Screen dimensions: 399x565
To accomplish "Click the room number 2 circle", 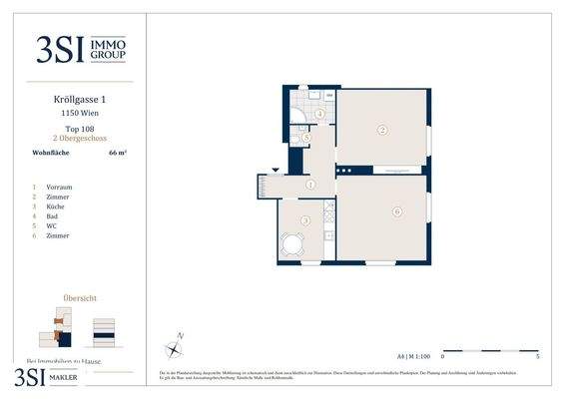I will click(x=381, y=130).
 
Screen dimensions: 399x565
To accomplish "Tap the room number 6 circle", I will click(x=396, y=211).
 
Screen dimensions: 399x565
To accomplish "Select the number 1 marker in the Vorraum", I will click(x=310, y=185).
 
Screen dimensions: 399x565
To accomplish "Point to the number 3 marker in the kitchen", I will click(x=305, y=220).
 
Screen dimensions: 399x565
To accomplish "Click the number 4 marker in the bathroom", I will click(x=319, y=115).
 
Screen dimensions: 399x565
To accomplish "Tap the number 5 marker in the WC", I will click(x=306, y=139).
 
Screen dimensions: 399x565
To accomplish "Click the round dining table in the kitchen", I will click(x=292, y=244).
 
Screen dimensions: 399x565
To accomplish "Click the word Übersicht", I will click(x=80, y=297).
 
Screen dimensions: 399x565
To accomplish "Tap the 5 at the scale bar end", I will click(x=538, y=355).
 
